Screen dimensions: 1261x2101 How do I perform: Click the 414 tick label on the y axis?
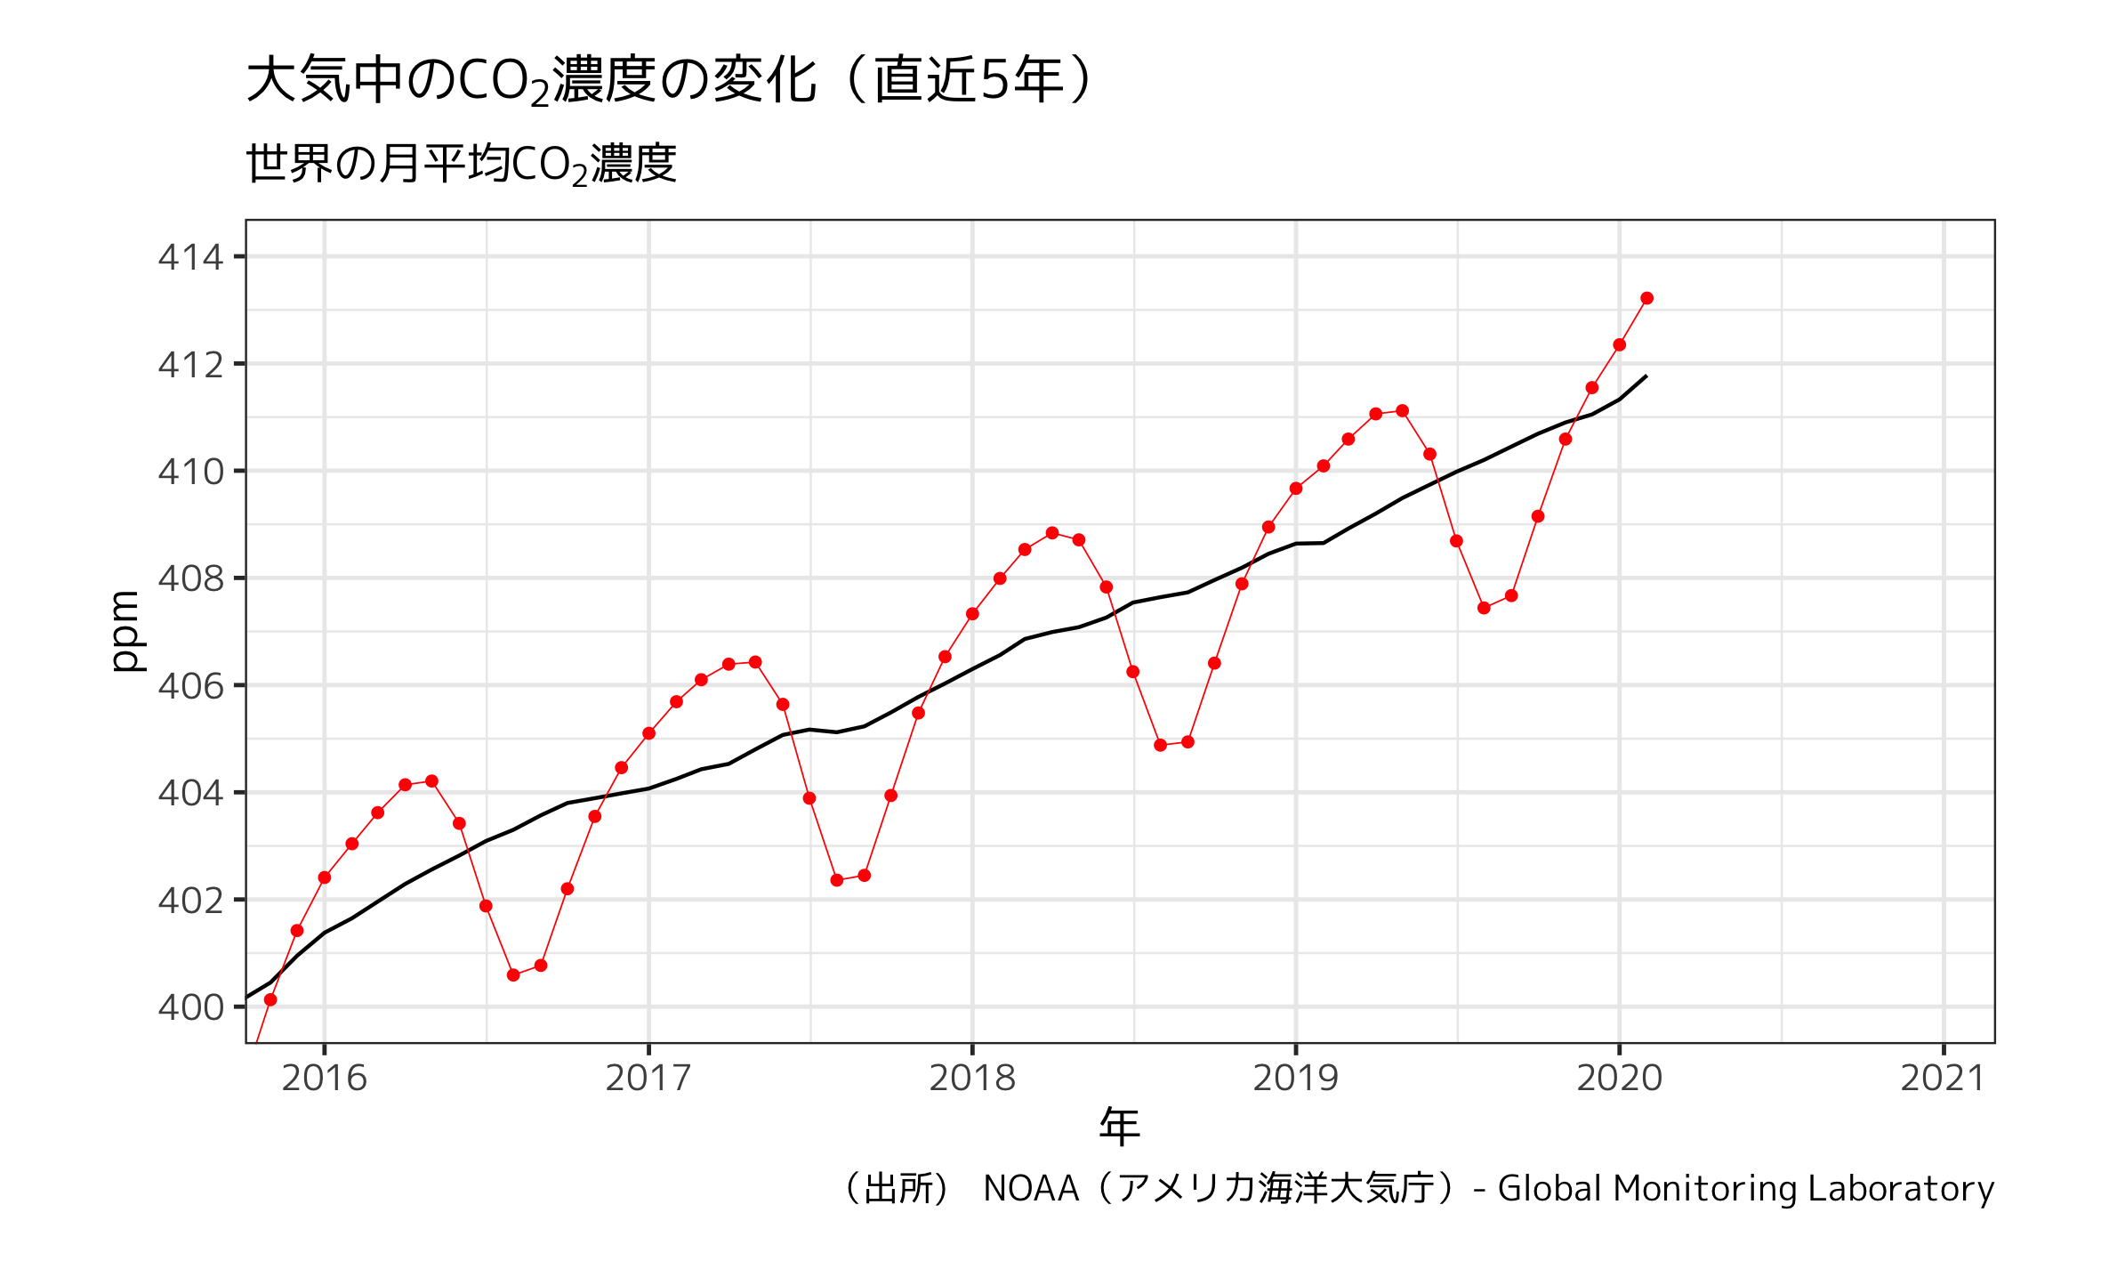coord(190,258)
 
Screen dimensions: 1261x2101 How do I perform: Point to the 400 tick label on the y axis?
coord(190,1008)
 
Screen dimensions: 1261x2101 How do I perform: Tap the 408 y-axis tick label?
coord(190,579)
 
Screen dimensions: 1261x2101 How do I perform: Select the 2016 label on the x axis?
coord(324,1079)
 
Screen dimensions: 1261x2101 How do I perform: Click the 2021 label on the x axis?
coord(1943,1079)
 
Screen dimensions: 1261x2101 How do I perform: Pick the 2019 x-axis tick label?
coord(1295,1079)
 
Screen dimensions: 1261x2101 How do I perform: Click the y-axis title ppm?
coord(125,631)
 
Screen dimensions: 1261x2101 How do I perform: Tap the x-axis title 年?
coord(1119,1128)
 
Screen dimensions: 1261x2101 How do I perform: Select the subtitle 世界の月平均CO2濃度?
coord(461,165)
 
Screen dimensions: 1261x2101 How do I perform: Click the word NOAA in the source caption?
coord(1031,1189)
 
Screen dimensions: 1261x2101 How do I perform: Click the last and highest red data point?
coord(1646,298)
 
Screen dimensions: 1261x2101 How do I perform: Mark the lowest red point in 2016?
coord(513,975)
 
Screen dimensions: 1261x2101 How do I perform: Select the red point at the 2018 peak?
coord(1052,533)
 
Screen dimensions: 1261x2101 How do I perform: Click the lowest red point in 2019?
coord(1484,608)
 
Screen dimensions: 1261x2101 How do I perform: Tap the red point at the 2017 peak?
coord(755,662)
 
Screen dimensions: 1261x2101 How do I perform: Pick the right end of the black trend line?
coord(1646,376)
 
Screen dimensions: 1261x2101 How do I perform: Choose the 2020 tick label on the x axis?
coord(1619,1079)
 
